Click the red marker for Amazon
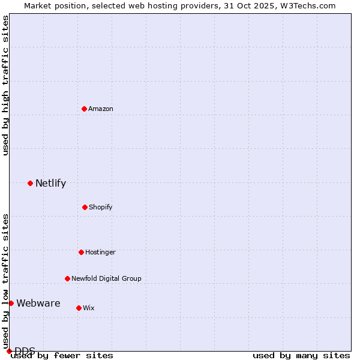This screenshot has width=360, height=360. coord(84,109)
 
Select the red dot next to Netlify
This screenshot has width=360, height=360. coord(30,183)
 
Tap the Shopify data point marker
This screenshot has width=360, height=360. coord(85,207)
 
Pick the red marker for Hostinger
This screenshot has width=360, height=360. coord(81,252)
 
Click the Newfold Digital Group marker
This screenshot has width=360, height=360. coord(67,278)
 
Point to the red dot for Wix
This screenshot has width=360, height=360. coord(79,308)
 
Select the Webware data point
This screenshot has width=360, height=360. coord(11,303)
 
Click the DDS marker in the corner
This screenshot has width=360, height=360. coord(9,351)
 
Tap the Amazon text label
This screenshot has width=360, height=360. coord(101,109)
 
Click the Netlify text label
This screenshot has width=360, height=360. coord(50,184)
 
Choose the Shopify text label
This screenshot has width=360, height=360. coord(101,207)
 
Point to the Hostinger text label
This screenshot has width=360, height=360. coord(100,252)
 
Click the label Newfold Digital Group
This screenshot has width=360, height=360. coord(106,278)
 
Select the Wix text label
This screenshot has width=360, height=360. coord(89,308)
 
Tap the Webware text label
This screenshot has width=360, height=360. coord(38,303)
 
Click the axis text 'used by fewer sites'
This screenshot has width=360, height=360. coord(62,355)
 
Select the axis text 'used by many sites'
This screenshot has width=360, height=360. coord(301,355)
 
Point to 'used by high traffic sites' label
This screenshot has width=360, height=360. coord(5,85)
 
